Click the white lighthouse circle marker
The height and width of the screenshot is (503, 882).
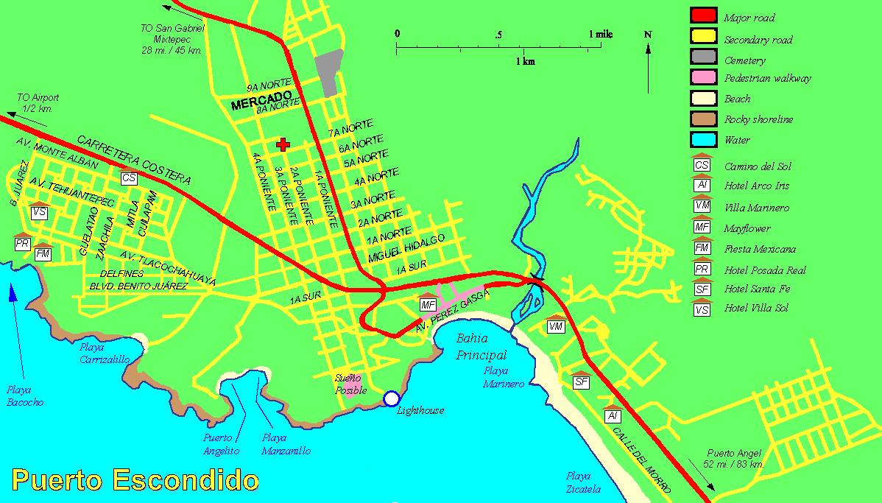390,398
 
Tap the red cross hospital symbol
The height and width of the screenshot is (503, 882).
282,144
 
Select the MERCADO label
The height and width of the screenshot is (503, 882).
262,101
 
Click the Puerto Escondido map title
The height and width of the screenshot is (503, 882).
135,480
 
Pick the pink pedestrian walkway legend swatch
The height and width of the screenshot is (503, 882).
703,77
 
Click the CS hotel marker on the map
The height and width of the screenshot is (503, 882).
129,177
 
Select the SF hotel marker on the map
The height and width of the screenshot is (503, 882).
581,381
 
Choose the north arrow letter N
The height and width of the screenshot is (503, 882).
648,34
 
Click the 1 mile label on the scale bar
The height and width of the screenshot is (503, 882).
601,34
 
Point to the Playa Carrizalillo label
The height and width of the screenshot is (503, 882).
105,353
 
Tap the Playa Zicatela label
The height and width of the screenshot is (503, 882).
583,482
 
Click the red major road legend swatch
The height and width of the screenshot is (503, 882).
703,15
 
